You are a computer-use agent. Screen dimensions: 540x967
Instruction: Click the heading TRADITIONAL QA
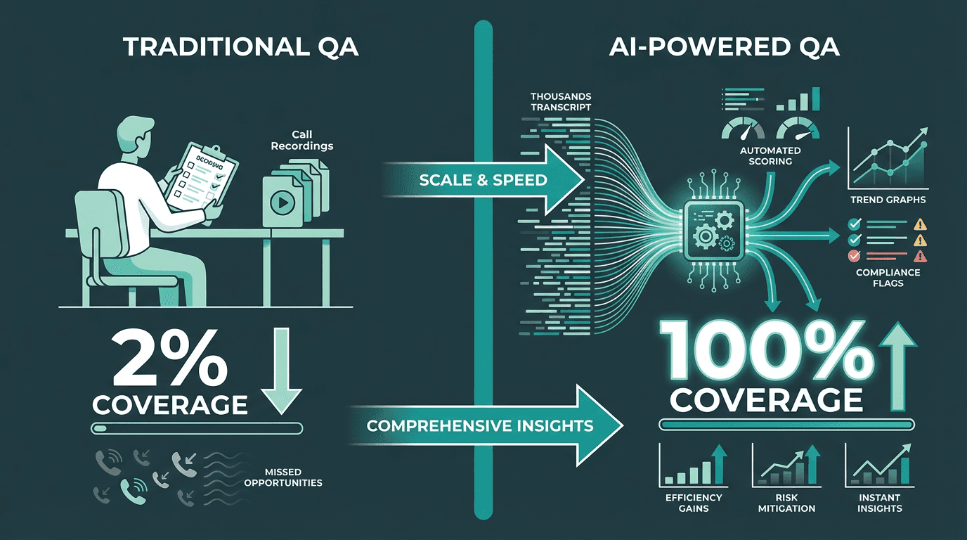click(x=241, y=46)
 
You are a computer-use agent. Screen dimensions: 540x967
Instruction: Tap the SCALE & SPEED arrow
click(x=485, y=179)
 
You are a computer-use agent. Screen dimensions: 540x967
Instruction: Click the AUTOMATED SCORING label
click(x=770, y=156)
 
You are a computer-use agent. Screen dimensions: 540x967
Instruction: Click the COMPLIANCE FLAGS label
click(x=888, y=278)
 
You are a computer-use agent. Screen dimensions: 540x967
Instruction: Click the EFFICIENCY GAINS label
click(x=694, y=503)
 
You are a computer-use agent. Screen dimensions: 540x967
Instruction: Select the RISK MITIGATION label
click(x=786, y=503)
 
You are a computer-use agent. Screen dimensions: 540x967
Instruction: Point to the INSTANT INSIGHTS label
click(x=879, y=503)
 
